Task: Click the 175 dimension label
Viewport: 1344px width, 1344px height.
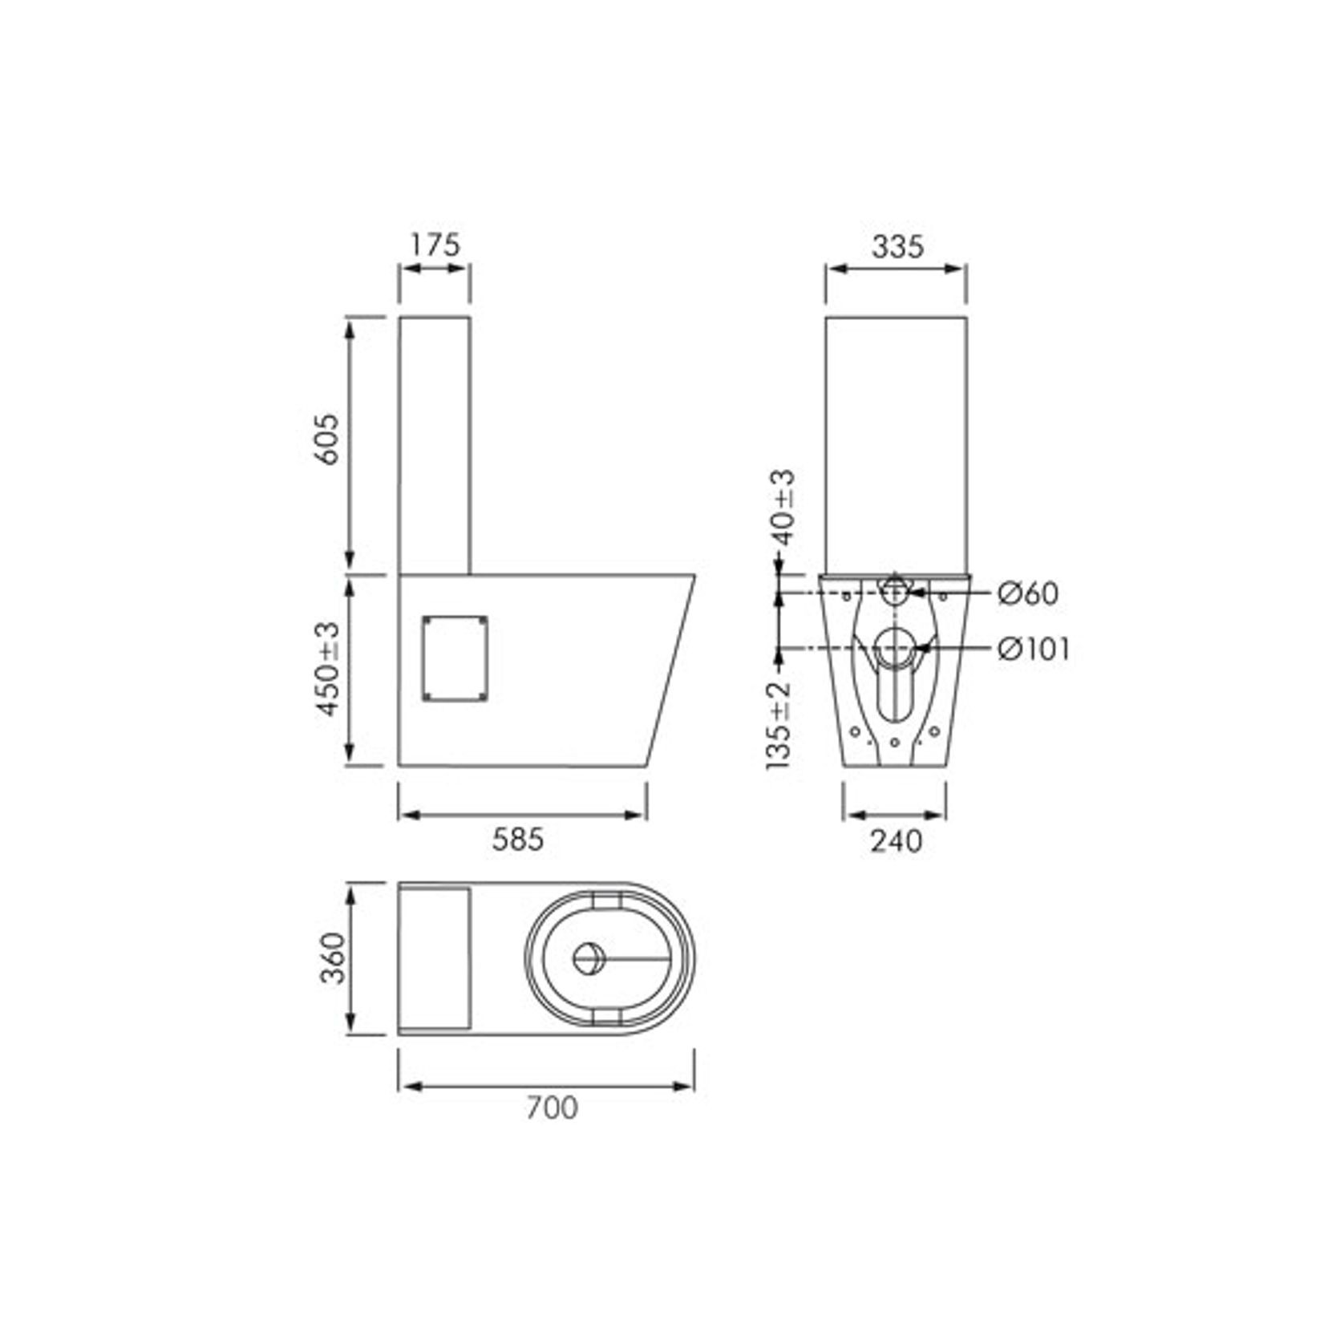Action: (435, 245)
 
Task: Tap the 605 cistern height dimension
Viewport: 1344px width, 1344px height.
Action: (326, 439)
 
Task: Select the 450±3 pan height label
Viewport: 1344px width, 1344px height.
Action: (328, 669)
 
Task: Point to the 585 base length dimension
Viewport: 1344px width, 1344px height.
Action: (518, 840)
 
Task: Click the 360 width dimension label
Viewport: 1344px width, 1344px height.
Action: (332, 958)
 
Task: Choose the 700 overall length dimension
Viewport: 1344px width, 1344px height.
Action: (552, 1108)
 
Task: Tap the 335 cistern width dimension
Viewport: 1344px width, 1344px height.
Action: (897, 246)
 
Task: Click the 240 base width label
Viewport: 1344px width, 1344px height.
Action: (896, 841)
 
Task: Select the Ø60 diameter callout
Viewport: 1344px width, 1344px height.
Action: (1028, 593)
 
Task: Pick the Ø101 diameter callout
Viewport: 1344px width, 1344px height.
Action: (1034, 649)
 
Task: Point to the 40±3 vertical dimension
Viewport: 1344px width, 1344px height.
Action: (783, 508)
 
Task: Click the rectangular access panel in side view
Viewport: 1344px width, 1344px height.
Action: (455, 658)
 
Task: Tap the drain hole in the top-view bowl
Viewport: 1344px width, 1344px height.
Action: (589, 958)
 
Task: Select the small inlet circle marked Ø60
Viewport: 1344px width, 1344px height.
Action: (894, 593)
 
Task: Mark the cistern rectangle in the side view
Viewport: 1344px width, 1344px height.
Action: (435, 445)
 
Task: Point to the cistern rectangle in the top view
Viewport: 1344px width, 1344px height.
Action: (434, 957)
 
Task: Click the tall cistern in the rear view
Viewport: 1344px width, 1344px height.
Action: (896, 445)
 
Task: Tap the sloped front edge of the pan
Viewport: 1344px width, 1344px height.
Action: (670, 670)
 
